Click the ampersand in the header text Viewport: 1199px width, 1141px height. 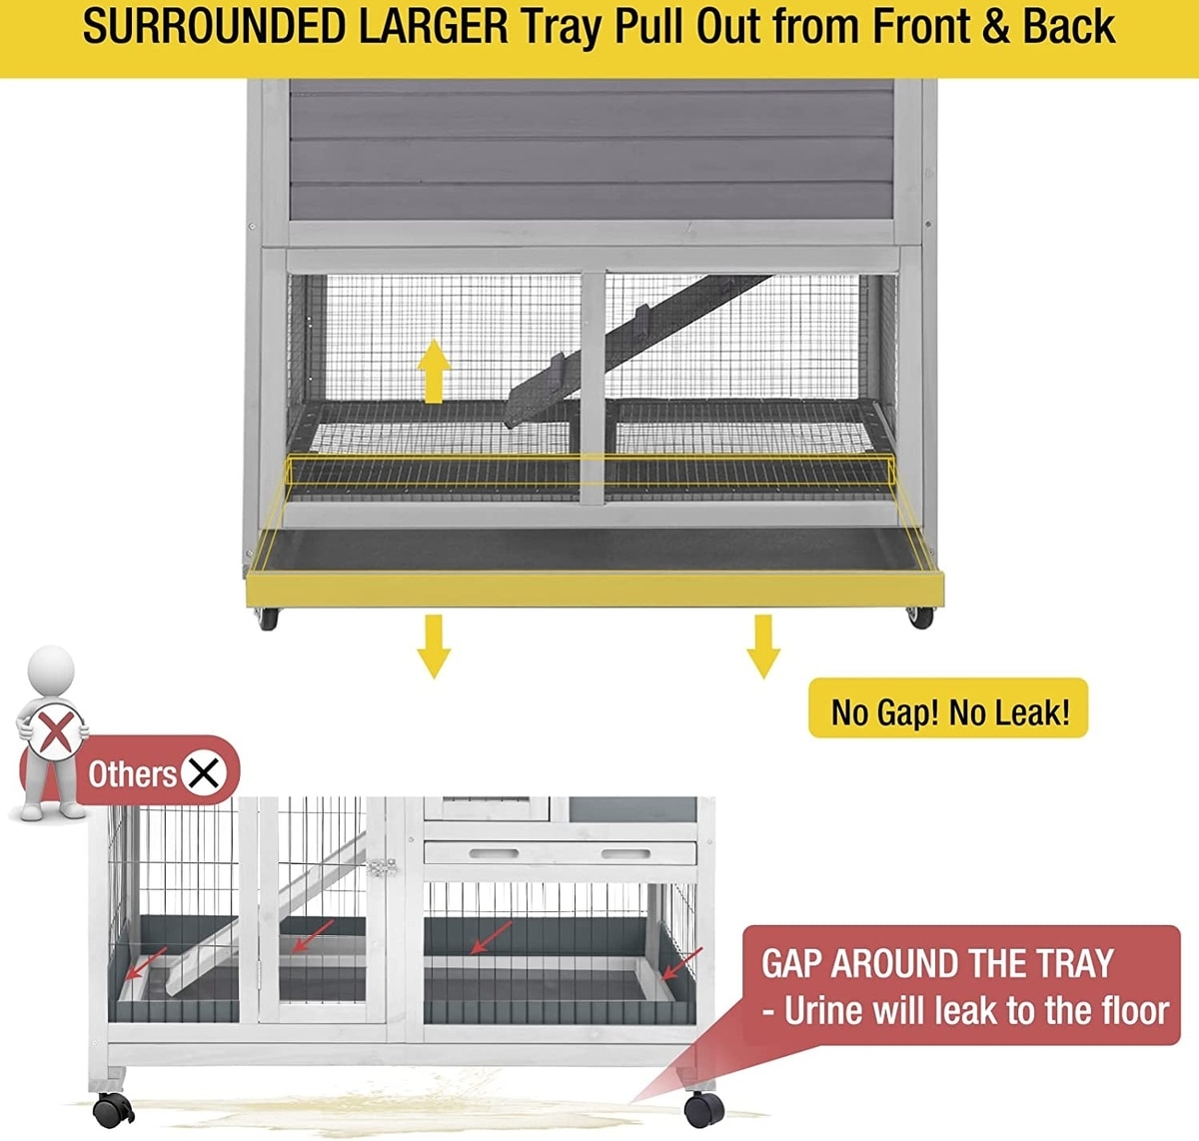995,27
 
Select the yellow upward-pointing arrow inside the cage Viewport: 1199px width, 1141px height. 434,372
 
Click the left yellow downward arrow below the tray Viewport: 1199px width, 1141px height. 434,646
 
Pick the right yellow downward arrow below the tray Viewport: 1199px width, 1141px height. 763,646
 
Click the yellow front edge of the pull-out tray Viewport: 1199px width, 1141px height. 595,589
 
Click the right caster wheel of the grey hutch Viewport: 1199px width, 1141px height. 920,617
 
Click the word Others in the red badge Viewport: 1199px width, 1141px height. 132,774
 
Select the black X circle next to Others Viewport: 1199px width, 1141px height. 203,774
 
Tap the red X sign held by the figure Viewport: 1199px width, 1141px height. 56,732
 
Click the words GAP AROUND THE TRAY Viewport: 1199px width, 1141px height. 937,964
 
